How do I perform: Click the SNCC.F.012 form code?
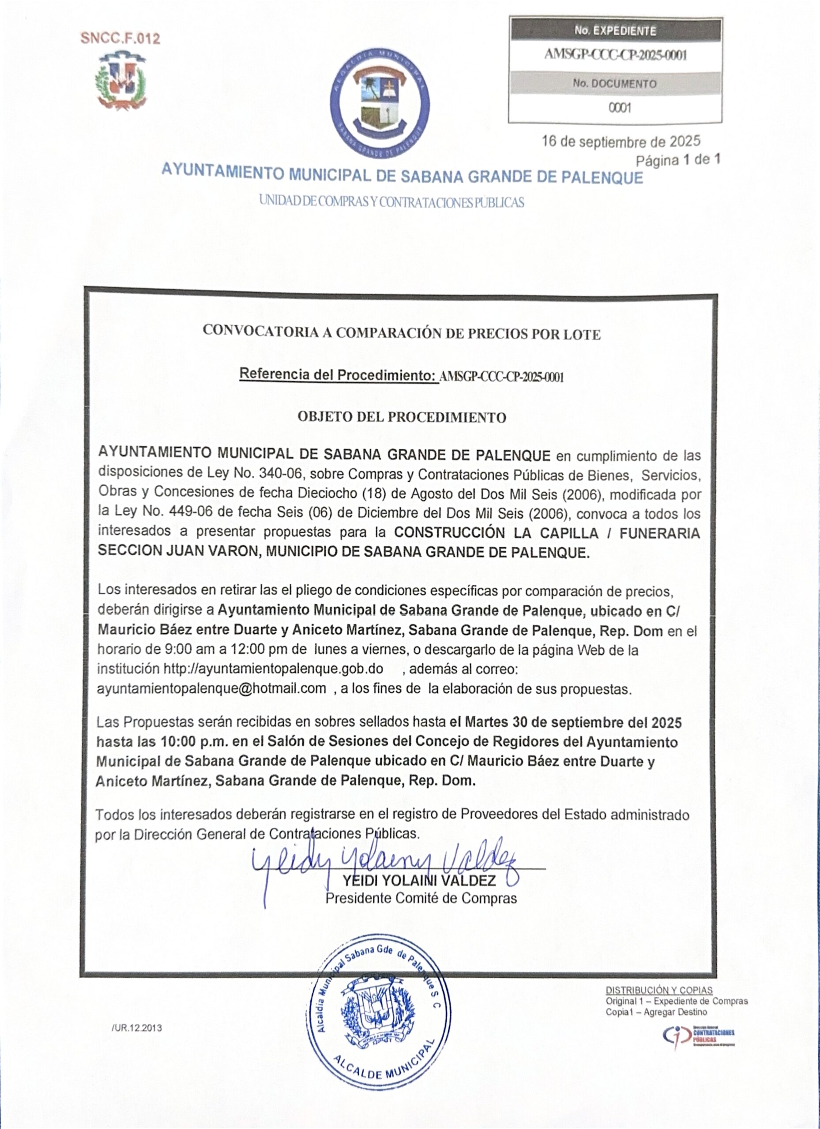click(120, 38)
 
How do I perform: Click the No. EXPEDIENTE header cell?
click(615, 31)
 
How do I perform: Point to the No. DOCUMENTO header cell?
click(614, 84)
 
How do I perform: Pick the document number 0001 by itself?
click(620, 108)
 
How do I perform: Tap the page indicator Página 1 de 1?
click(678, 160)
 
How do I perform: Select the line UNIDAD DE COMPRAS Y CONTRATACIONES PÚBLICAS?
click(391, 202)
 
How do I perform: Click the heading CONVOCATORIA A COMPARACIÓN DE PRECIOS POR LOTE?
click(402, 333)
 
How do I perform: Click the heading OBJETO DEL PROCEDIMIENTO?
click(402, 417)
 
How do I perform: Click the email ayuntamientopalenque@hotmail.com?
click(212, 688)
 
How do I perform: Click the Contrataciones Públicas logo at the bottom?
click(699, 1036)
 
